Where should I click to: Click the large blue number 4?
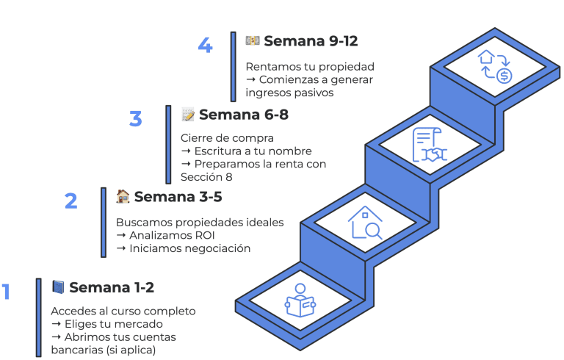(x=206, y=46)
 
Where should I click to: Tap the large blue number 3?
(x=136, y=118)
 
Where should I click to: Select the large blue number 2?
(x=71, y=201)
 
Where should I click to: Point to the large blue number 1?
(x=6, y=292)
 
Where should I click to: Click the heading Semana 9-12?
(x=311, y=41)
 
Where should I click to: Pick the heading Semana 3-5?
(x=178, y=196)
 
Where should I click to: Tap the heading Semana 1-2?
(x=112, y=287)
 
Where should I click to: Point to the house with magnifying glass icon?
(x=365, y=222)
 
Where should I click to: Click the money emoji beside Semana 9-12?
(x=253, y=40)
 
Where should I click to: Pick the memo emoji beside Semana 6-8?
(x=188, y=115)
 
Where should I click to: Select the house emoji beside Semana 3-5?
(x=123, y=196)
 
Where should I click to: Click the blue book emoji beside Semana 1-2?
(x=58, y=287)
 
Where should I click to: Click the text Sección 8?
(x=207, y=177)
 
